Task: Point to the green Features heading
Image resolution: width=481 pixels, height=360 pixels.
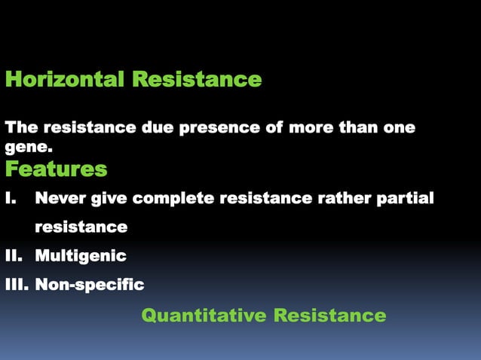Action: [x=56, y=169]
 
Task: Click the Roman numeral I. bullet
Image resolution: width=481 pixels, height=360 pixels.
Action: [x=11, y=198]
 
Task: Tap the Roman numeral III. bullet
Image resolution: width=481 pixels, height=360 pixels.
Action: [x=17, y=285]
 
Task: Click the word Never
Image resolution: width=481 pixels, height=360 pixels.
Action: [x=60, y=198]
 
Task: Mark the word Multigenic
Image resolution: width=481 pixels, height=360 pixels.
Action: [x=81, y=256]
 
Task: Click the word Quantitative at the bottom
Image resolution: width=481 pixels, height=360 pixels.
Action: [x=204, y=315]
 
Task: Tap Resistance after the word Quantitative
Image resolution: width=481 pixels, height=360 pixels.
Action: [x=329, y=315]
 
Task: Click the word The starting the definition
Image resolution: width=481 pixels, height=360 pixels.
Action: [x=21, y=127]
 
